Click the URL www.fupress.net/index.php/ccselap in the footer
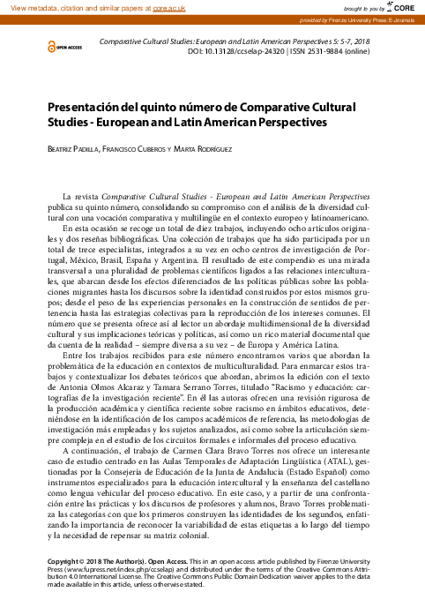point(108,570)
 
